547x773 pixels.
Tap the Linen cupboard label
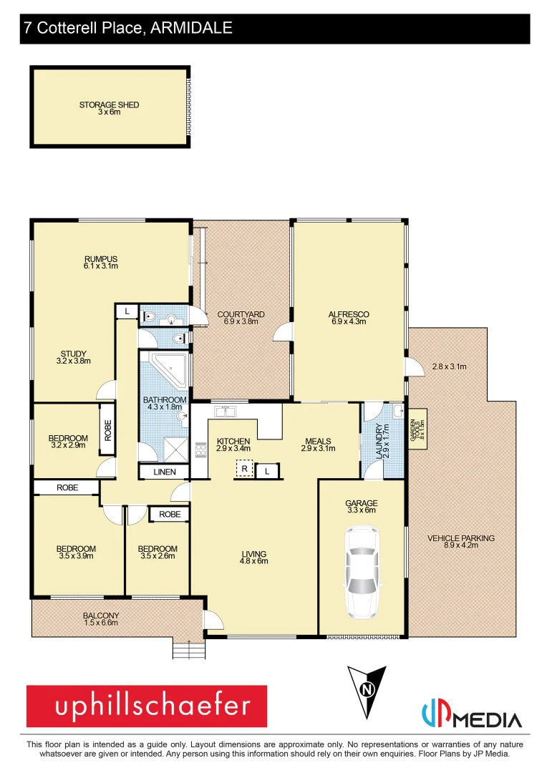click(164, 472)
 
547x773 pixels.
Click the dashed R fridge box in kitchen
click(244, 470)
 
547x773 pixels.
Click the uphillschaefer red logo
click(147, 706)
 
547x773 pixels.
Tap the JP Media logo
click(471, 716)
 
